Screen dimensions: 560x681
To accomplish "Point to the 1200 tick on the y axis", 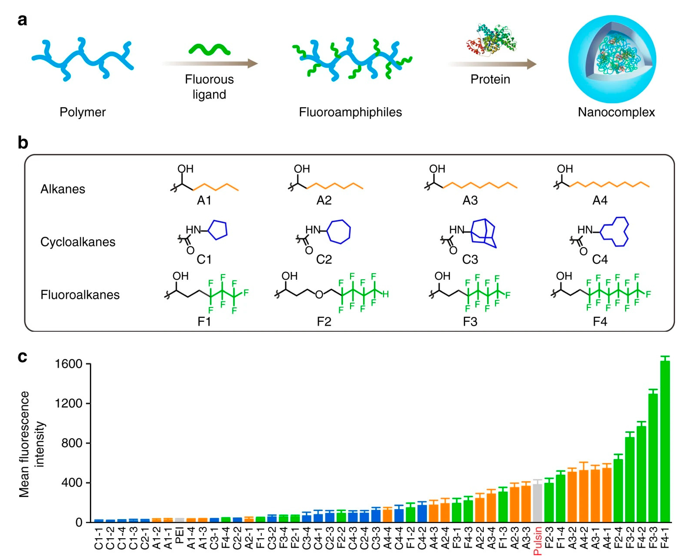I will pos(68,403).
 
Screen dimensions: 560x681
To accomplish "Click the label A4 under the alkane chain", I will pos(600,201).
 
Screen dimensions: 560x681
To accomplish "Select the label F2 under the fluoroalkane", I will pos(324,322).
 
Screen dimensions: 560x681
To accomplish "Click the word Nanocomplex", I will pos(616,112).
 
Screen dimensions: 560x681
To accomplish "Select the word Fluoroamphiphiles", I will pos(350,112).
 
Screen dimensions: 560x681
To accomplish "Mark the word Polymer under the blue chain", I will pos(83,112).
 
